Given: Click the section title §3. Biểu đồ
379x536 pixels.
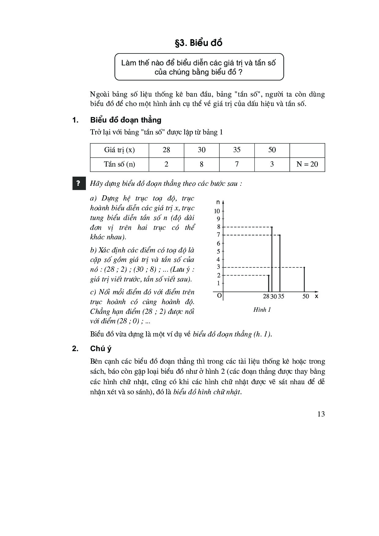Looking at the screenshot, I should coord(198,43).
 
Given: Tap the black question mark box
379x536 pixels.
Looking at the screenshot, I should coord(78,183).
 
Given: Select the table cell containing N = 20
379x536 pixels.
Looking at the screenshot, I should coord(307,164).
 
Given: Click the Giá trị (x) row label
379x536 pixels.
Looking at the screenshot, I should coord(119,150).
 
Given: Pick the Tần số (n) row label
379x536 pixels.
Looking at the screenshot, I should coord(119,164).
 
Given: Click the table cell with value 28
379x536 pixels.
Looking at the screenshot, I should coord(166,150).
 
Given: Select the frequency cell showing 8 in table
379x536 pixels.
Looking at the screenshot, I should coord(201,164).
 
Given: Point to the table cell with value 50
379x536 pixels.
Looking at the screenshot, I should coord(272,150).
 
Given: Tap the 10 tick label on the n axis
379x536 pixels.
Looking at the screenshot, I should coord(217,211).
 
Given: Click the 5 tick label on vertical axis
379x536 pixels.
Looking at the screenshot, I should coord(218,251).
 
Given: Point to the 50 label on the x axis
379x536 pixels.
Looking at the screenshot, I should coord(306,296).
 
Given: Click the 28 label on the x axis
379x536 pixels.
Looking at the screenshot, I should coord(266,296).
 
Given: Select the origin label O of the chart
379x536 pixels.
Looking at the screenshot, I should coord(219,296).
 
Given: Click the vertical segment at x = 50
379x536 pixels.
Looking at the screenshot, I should coord(304,280).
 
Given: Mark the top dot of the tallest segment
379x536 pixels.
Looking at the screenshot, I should coord(272,227).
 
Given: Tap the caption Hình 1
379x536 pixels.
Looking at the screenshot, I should coord(262,310).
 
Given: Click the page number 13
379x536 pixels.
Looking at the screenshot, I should coord(321,414).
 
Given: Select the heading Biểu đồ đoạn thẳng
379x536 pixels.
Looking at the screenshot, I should coord(126,120).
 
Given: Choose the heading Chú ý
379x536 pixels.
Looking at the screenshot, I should coord(101,349).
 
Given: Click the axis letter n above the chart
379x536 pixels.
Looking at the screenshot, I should coord(218,202).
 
